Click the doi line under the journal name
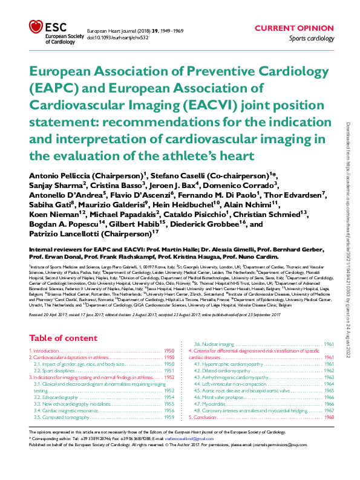pyautogui.click(x=119, y=37)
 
